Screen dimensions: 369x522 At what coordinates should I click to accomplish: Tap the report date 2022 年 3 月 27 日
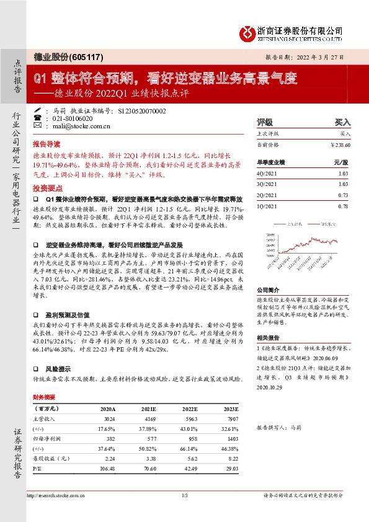[317, 57]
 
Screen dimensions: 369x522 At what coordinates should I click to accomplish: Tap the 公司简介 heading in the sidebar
[269, 290]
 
